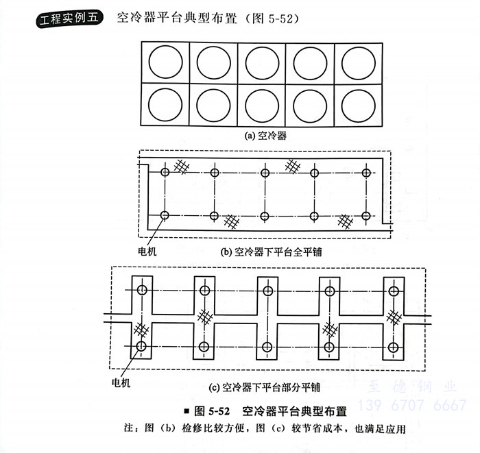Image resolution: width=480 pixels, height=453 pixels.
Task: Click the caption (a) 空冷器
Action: [265, 135]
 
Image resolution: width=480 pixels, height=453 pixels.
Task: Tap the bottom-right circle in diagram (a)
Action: [359, 104]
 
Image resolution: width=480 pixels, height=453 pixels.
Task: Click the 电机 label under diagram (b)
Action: [148, 251]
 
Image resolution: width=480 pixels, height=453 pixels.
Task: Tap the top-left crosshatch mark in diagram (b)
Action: [182, 165]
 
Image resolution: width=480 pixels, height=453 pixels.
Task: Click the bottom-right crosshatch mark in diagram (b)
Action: [344, 221]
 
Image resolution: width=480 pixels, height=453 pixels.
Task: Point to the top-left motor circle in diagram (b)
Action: [165, 172]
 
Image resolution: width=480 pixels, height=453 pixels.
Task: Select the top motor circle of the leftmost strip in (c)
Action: [142, 290]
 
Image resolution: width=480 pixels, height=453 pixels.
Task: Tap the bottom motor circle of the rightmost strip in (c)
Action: [393, 346]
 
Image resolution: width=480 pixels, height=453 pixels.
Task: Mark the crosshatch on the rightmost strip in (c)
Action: [394, 317]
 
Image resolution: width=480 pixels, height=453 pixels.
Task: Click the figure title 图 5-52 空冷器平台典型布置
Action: [269, 412]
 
